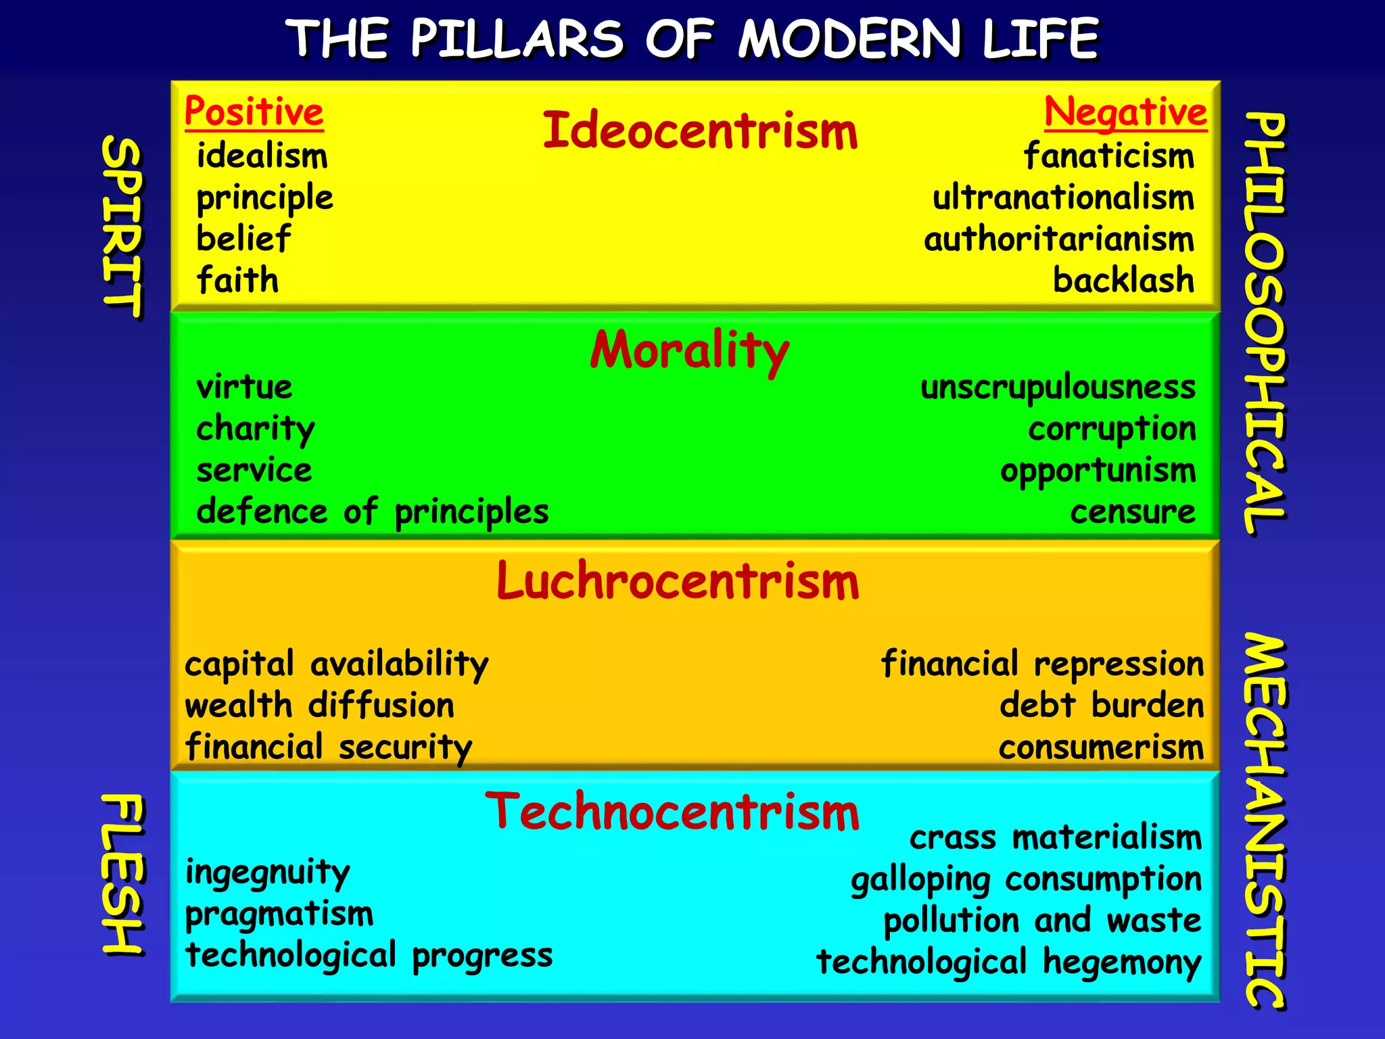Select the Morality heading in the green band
(x=690, y=350)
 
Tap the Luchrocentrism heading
(x=678, y=581)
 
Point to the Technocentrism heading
(x=672, y=811)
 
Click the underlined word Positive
(x=254, y=112)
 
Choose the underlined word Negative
(x=1125, y=112)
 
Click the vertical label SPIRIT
(x=122, y=227)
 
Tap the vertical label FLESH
(x=122, y=874)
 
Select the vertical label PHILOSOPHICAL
(x=1265, y=323)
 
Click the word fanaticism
(x=1108, y=156)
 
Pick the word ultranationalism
(x=1063, y=198)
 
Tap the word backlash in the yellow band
(x=1123, y=280)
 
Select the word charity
(x=256, y=429)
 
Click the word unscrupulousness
(x=1058, y=388)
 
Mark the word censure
(x=1133, y=512)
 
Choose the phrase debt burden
(x=1102, y=706)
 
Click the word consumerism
(x=1101, y=747)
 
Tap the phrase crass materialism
(x=1056, y=837)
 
